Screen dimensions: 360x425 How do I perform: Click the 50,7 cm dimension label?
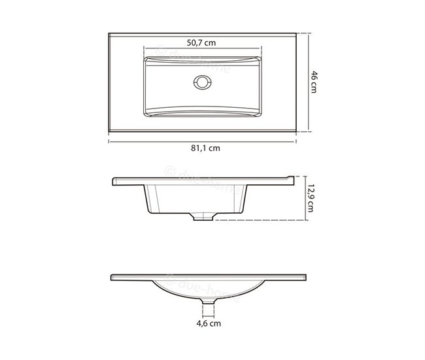[201, 42]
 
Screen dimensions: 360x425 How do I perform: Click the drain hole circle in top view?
[201, 82]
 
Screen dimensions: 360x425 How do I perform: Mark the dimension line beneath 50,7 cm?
[201, 50]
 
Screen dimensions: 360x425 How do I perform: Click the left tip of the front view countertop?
[112, 276]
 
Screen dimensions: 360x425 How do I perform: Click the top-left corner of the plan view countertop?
[109, 32]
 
